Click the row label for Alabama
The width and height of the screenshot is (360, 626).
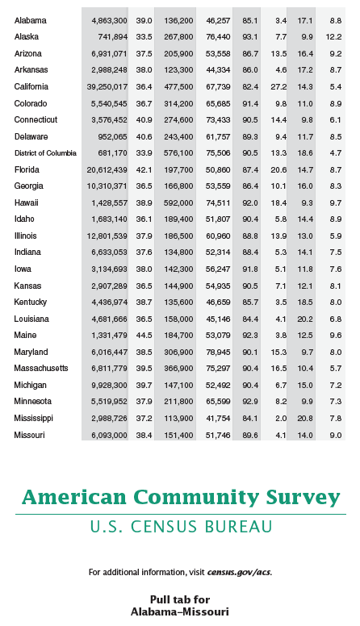[31, 20]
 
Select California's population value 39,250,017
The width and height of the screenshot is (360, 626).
[107, 87]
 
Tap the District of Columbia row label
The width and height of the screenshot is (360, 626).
[45, 153]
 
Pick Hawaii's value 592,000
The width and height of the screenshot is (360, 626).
[178, 202]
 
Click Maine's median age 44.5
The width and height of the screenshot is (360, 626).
[144, 336]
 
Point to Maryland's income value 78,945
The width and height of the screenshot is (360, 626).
[218, 352]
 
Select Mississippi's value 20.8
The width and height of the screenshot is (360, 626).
[305, 419]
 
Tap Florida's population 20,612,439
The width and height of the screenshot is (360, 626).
[107, 169]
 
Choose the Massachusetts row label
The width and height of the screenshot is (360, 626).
[41, 368]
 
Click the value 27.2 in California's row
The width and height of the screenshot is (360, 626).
[278, 87]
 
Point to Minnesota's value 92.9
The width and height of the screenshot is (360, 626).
[250, 402]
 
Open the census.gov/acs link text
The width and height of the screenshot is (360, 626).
[240, 572]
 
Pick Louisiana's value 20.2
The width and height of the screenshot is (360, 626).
[305, 319]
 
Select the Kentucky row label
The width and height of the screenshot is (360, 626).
[31, 303]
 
